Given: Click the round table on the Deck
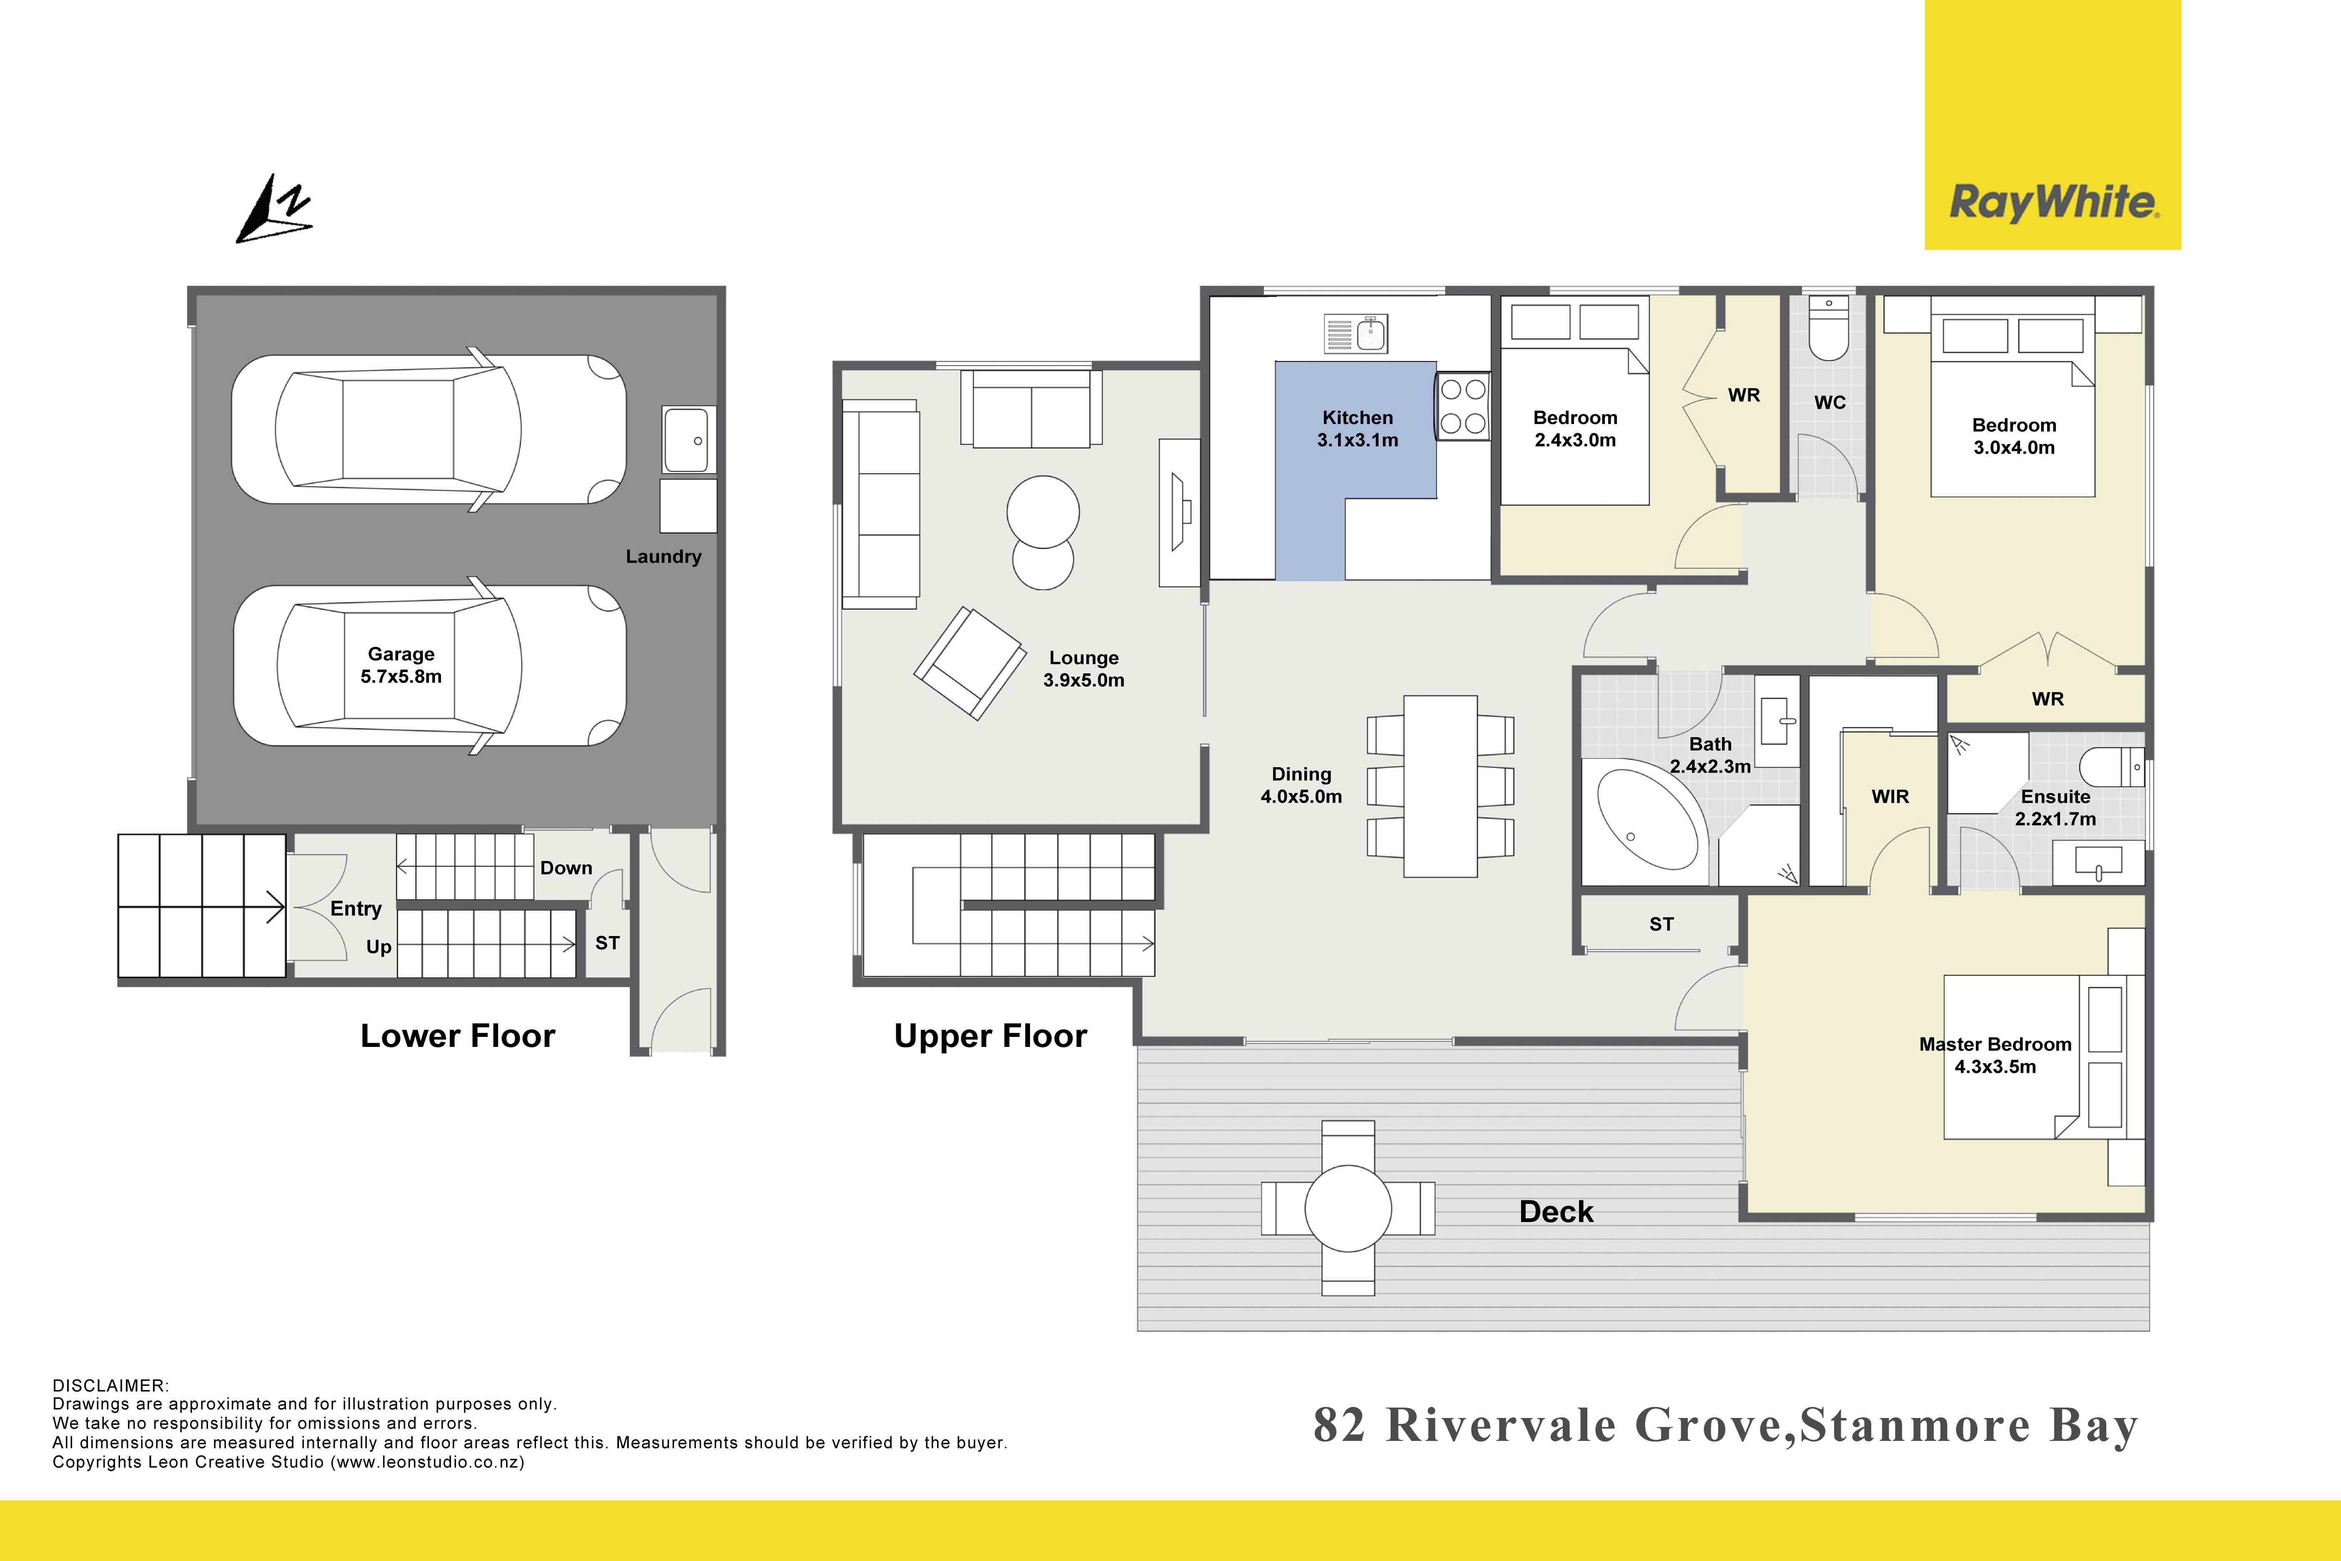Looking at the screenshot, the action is click(x=1348, y=1207).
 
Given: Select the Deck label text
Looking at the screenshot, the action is click(x=1556, y=1212).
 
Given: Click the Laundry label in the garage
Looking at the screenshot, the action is click(x=663, y=557).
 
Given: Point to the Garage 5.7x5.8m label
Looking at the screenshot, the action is click(x=401, y=665).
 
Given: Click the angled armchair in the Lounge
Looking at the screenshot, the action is click(x=970, y=663).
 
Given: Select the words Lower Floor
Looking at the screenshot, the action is click(x=458, y=1036).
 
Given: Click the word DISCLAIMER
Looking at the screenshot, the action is click(x=110, y=1386).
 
